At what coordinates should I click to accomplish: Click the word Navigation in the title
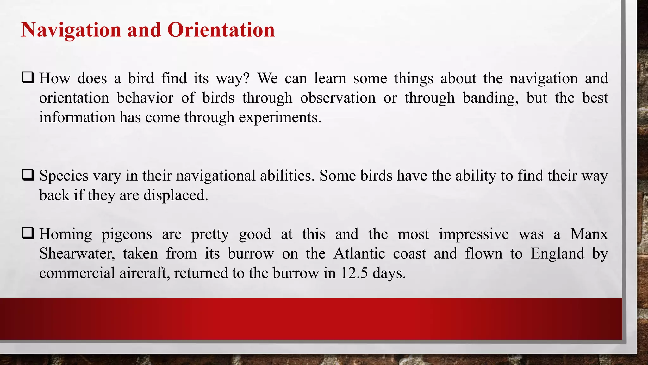click(71, 30)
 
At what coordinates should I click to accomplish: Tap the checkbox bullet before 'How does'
click(28, 78)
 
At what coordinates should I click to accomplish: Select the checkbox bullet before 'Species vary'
click(28, 175)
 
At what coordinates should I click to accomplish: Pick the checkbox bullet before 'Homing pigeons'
click(28, 234)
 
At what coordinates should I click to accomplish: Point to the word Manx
click(589, 234)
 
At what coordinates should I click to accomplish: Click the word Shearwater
click(77, 254)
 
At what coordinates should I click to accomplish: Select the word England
click(557, 254)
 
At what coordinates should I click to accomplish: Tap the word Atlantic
click(359, 254)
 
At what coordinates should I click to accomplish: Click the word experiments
click(280, 118)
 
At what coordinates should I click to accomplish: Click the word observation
click(338, 98)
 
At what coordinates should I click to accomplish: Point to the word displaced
click(176, 195)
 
